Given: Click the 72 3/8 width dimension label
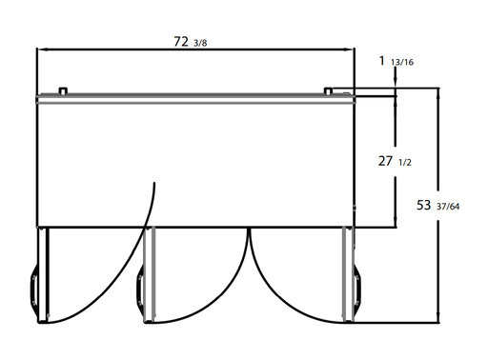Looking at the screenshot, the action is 191,42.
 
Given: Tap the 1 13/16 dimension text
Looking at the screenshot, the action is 396,61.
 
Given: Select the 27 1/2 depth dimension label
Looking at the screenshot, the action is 395,162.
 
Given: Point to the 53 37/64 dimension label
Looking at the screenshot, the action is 437,206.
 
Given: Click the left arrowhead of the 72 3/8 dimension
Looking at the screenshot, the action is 42,50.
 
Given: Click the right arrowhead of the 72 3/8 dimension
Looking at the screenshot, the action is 349,50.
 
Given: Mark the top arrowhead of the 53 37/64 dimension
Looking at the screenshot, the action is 438,92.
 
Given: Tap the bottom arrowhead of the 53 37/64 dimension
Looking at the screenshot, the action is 438,317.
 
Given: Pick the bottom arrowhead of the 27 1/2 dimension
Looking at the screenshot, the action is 396,222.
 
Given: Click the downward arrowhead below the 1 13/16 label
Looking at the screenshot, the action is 396,83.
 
